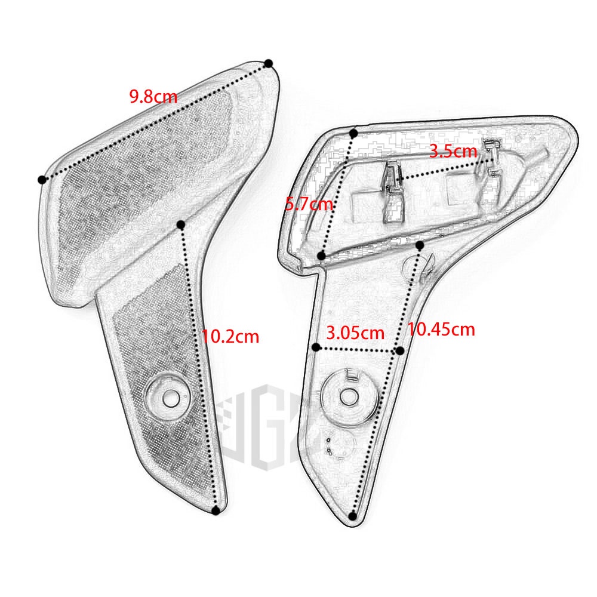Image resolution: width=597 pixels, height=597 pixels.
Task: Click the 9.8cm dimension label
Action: (x=153, y=96)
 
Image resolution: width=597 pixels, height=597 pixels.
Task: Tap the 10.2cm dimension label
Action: (x=230, y=337)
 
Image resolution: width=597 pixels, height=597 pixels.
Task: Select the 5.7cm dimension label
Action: (x=309, y=204)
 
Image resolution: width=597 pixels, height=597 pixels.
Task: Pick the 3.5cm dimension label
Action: (x=453, y=151)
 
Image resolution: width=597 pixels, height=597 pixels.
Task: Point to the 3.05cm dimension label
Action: (x=355, y=331)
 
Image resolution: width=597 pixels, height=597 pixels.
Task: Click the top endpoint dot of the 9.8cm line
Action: (x=269, y=63)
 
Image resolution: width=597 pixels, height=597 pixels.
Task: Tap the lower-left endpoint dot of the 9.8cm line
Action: (x=42, y=180)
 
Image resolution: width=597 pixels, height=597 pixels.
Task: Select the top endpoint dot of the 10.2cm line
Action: (x=181, y=224)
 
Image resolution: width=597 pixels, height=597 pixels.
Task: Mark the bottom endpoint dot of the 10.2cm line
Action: (x=216, y=510)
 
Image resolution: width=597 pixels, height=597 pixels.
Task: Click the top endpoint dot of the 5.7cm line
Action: (x=354, y=133)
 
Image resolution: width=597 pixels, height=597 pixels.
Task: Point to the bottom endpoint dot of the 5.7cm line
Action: (x=322, y=256)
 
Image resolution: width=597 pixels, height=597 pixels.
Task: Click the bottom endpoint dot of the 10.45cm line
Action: (x=353, y=516)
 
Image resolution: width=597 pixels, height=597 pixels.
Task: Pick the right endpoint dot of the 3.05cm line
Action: (x=400, y=350)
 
